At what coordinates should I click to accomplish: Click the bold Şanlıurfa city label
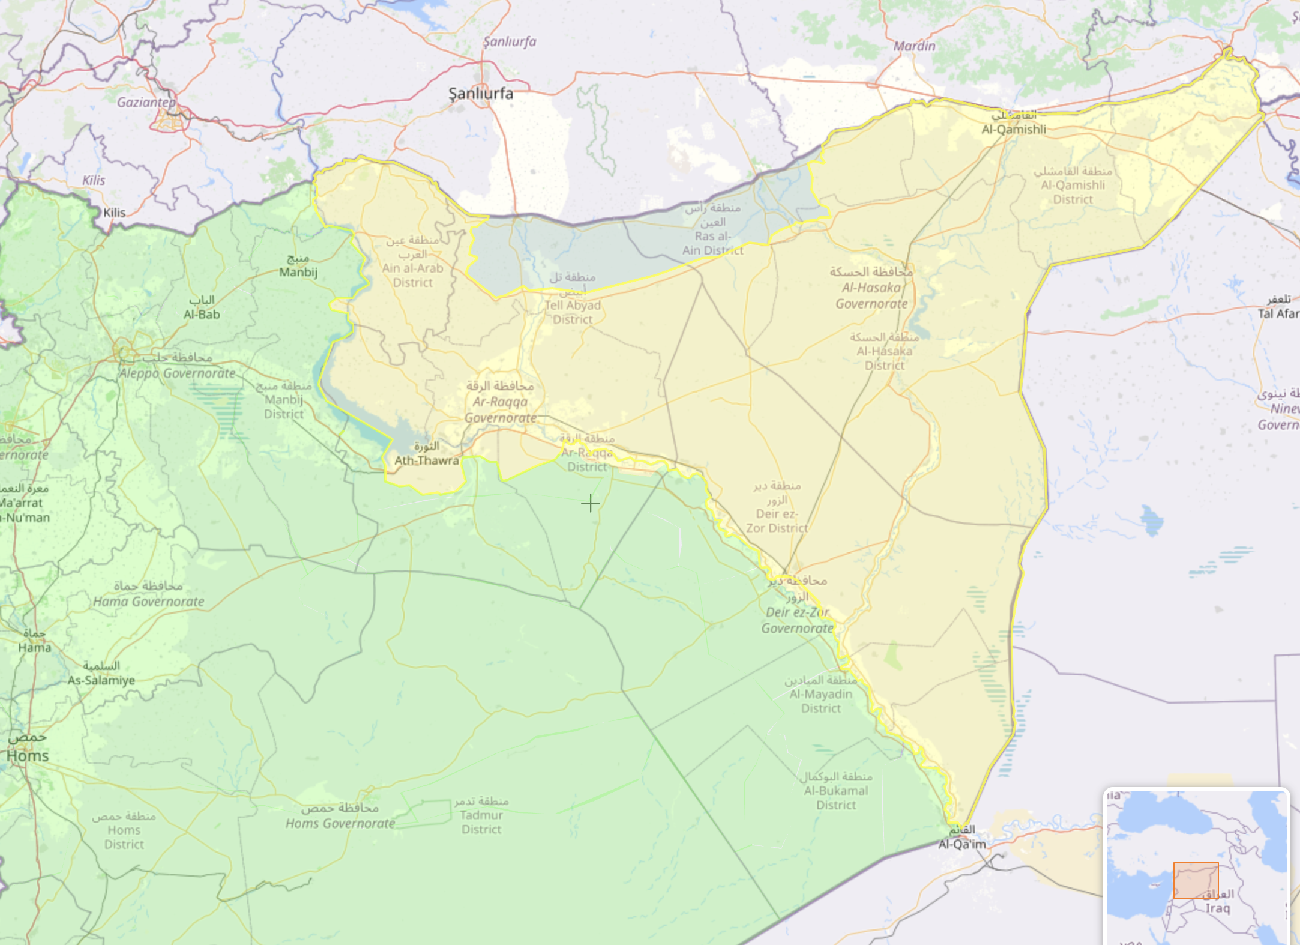coord(481,94)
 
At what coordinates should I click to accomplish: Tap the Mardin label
coord(914,46)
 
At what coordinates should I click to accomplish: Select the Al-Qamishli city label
coord(1013,129)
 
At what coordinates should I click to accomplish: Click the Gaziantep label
coord(146,102)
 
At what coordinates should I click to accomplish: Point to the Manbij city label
coord(298,271)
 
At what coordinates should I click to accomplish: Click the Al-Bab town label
coord(202,314)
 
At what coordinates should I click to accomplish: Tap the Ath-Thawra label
coord(426,460)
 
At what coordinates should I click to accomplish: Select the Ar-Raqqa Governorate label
coord(500,409)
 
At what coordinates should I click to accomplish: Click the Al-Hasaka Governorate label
coord(871,295)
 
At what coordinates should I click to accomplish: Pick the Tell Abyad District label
coord(573,312)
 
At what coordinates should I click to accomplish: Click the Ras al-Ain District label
coord(712,243)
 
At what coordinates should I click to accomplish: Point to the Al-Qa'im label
coord(962,844)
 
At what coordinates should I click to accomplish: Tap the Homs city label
coord(28,755)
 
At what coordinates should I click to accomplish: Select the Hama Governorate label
coord(148,601)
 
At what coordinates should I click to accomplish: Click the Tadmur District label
coord(481,822)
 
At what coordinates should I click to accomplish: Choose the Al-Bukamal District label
coord(836,797)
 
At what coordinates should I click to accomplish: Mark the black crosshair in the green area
coord(591,503)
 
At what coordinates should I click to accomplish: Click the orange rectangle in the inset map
coord(1196,880)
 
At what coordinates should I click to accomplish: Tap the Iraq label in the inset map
coord(1218,908)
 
